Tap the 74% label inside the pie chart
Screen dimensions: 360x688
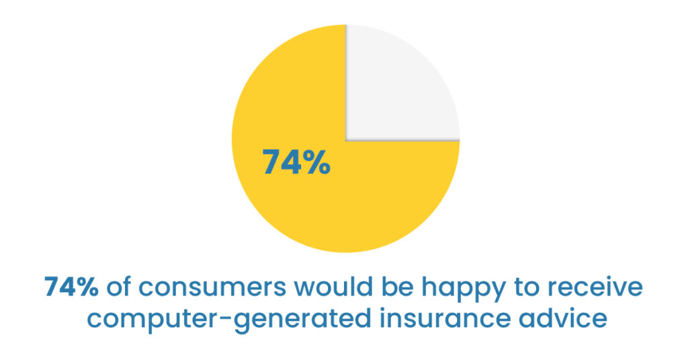296,162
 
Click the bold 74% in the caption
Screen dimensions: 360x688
72,287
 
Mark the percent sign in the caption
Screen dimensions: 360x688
87,287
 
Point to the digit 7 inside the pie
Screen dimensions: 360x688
271,162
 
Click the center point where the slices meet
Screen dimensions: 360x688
345,140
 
